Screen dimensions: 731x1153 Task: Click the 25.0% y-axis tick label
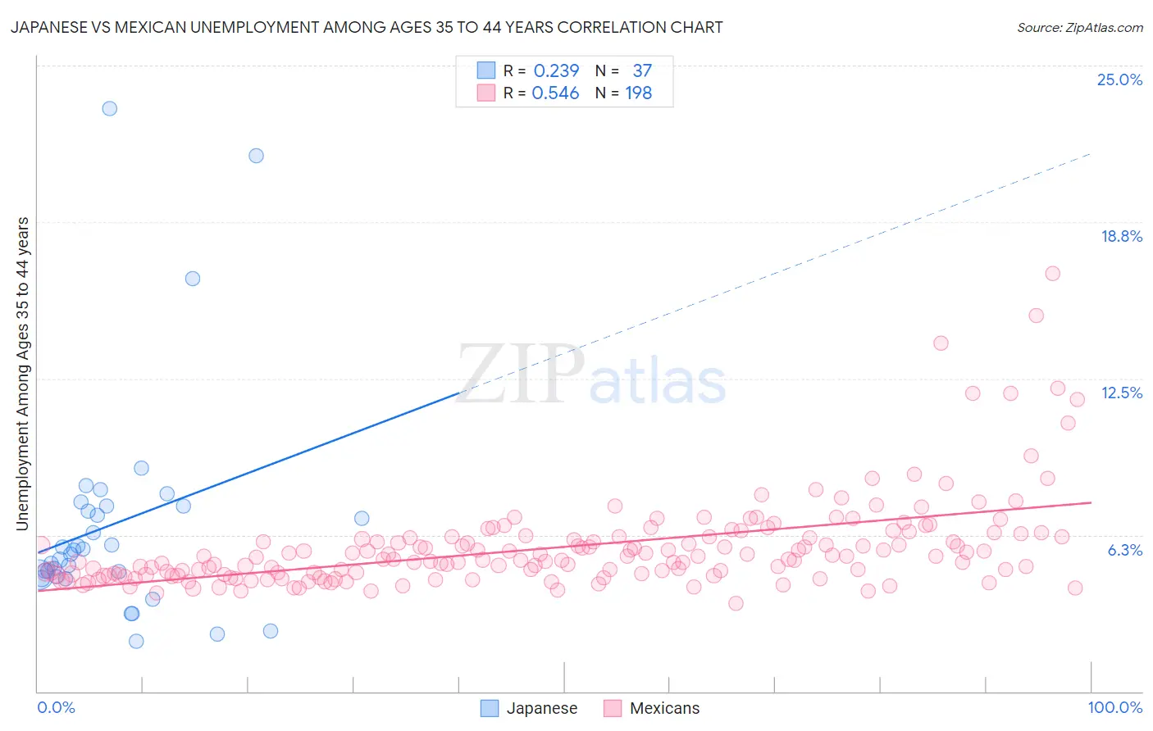[1119, 79]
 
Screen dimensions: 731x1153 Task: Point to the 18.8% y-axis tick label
[1121, 236]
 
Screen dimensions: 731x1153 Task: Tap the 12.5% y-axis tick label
[1121, 393]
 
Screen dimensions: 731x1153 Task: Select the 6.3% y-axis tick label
[1124, 550]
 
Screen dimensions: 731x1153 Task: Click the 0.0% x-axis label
[56, 707]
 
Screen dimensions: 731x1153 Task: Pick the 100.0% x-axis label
[1114, 707]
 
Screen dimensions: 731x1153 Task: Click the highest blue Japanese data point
[109, 108]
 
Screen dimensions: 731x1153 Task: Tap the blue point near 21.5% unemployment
[256, 156]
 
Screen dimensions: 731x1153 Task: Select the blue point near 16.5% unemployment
[193, 279]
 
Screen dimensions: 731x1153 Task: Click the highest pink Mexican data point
[1052, 274]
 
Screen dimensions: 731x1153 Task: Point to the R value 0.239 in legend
[556, 71]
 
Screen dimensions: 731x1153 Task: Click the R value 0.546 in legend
[555, 93]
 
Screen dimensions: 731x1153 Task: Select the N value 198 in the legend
[638, 93]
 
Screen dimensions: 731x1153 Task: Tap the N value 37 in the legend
[641, 71]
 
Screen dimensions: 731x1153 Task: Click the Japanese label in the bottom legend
[541, 708]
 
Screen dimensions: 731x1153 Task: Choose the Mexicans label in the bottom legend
[664, 708]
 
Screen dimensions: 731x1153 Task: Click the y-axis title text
[22, 373]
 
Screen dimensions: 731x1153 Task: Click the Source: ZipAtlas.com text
[1079, 28]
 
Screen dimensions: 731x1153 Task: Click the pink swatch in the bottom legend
[613, 708]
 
